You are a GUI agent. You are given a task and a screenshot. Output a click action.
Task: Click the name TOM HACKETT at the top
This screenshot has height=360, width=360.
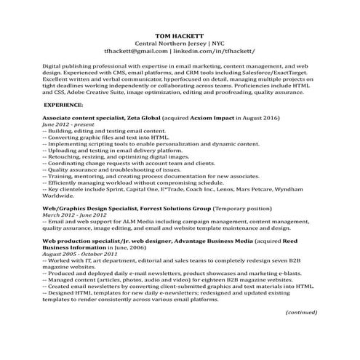coord(180,36)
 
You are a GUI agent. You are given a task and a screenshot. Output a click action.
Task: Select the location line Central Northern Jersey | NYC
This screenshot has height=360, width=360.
coord(180,43)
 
